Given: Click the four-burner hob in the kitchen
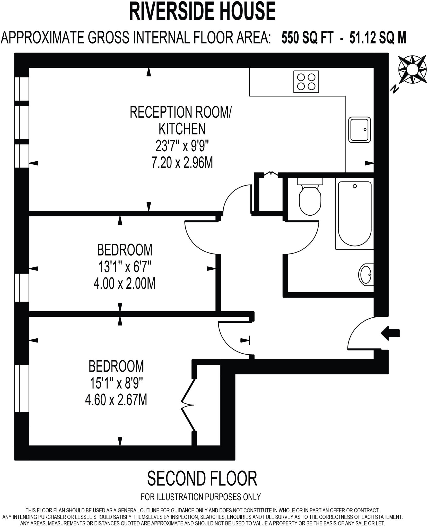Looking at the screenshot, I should [x=306, y=82].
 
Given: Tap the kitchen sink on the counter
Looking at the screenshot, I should [x=360, y=130].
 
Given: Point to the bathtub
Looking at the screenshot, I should [x=354, y=214].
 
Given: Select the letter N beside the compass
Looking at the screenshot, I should [x=394, y=89].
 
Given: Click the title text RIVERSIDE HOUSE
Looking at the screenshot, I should [x=202, y=11].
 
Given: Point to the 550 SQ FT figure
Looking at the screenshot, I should [x=308, y=38].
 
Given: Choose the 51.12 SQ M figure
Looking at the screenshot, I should [x=378, y=38].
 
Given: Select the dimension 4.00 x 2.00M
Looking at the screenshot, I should [x=125, y=284].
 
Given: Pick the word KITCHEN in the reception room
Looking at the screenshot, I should [x=182, y=129].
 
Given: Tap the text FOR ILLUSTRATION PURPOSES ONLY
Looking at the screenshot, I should [x=201, y=497].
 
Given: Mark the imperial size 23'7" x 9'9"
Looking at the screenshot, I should [x=182, y=146].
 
